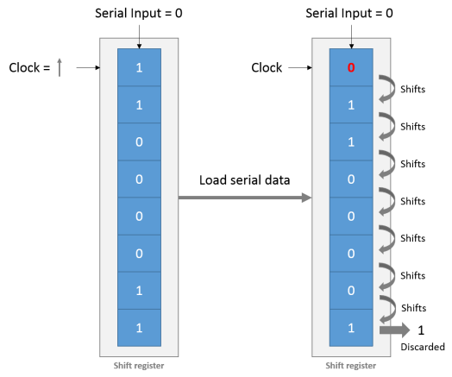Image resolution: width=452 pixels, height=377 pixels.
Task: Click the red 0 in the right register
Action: point(349,68)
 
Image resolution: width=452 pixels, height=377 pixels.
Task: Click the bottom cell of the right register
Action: point(349,327)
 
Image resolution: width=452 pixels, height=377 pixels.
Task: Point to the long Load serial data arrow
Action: point(245,198)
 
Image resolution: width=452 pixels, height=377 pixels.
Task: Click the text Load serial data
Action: point(243,180)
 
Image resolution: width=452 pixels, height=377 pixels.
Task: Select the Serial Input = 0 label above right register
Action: point(349,14)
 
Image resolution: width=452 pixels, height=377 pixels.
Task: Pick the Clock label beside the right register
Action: point(267,67)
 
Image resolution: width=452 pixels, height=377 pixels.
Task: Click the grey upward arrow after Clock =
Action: point(59,67)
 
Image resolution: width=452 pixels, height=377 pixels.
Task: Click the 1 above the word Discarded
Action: point(421,330)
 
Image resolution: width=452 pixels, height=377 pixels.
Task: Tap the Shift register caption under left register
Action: point(139,365)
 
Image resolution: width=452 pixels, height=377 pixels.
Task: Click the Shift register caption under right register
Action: point(349,365)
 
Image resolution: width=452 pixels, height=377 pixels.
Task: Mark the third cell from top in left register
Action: point(139,141)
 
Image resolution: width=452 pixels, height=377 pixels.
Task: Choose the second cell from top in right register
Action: point(349,105)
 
